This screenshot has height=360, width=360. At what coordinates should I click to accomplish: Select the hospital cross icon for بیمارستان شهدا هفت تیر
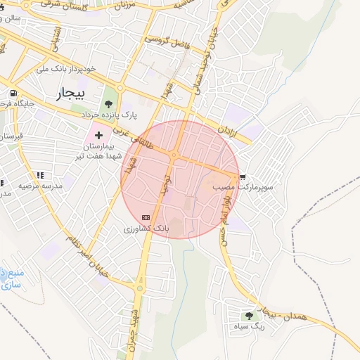tap(98, 134)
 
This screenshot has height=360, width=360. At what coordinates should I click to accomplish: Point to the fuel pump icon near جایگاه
tap(13, 94)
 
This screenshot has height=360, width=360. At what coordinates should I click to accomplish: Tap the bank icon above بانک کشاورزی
tap(146, 217)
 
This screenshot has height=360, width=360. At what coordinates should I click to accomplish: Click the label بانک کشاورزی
tap(146, 229)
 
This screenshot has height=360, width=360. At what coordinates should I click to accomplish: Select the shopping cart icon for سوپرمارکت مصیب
tap(243, 177)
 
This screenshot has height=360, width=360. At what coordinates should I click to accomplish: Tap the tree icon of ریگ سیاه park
tap(249, 316)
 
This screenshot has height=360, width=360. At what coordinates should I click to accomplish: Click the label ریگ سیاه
tap(250, 327)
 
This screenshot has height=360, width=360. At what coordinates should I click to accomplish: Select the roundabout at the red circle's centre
tap(173, 155)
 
